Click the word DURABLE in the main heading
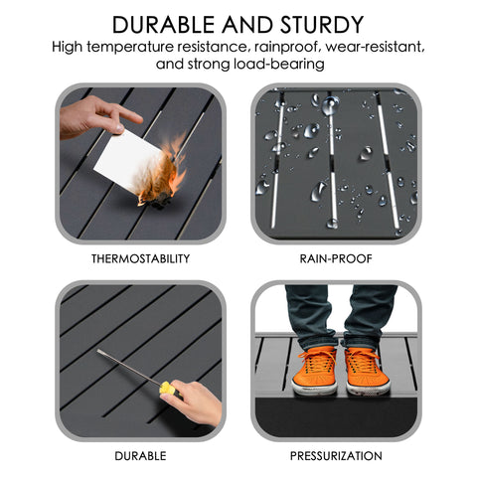(167, 24)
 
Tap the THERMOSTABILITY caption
(139, 258)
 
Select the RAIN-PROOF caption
(335, 258)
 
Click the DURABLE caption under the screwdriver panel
(139, 455)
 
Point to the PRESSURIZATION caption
(335, 455)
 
